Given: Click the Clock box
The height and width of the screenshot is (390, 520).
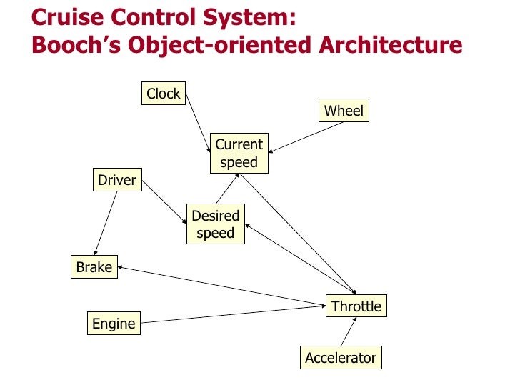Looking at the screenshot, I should [164, 94].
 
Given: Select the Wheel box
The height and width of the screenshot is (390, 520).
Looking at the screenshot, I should [344, 111].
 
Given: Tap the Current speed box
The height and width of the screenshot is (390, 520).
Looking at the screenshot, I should [239, 153].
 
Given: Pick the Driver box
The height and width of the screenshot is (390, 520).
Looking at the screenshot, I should [116, 180].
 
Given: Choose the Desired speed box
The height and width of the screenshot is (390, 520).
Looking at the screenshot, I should [215, 224].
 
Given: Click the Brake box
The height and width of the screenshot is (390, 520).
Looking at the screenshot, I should [94, 267].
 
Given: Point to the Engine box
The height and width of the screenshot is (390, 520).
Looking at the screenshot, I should [114, 324].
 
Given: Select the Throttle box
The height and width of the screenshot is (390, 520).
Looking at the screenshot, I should [356, 306].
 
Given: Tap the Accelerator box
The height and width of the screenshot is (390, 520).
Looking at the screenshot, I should [340, 358].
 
